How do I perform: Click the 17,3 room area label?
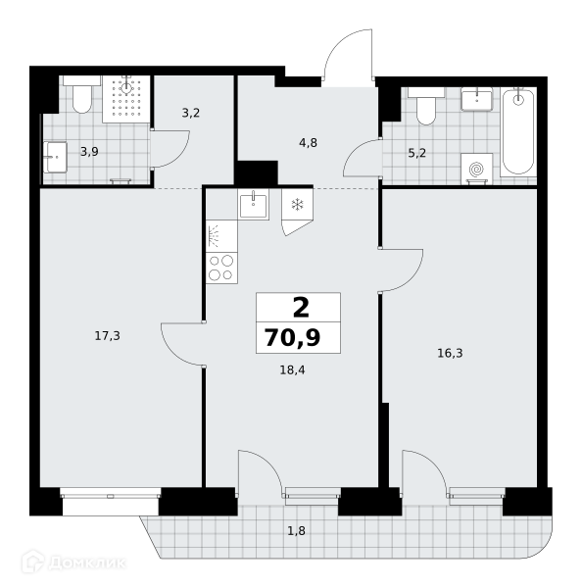pyautogui.click(x=107, y=336)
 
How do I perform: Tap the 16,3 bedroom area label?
pyautogui.click(x=450, y=353)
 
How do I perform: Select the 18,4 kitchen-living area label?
pyautogui.click(x=293, y=370)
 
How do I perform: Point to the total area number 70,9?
pyautogui.click(x=293, y=337)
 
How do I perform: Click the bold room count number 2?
pyautogui.click(x=301, y=308)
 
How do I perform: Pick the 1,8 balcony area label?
pyautogui.click(x=296, y=531)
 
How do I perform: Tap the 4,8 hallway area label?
pyautogui.click(x=309, y=143)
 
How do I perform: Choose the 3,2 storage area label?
pyautogui.click(x=191, y=113)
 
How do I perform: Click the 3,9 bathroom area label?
pyautogui.click(x=89, y=152)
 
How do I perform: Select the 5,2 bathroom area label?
pyautogui.click(x=417, y=153)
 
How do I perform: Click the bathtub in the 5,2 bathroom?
pyautogui.click(x=518, y=131)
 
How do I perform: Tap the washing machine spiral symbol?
pyautogui.click(x=476, y=170)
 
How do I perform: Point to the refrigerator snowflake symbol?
pyautogui.click(x=298, y=205)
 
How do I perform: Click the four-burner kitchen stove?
pyautogui.click(x=221, y=268)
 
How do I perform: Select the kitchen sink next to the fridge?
pyautogui.click(x=254, y=205)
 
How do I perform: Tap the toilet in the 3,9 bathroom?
pyautogui.click(x=81, y=96)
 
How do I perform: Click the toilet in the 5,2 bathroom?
pyautogui.click(x=426, y=106)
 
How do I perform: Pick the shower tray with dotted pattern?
pyautogui.click(x=126, y=99)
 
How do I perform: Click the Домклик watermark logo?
pyautogui.click(x=73, y=563)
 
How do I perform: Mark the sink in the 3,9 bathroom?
pyautogui.click(x=55, y=157)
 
